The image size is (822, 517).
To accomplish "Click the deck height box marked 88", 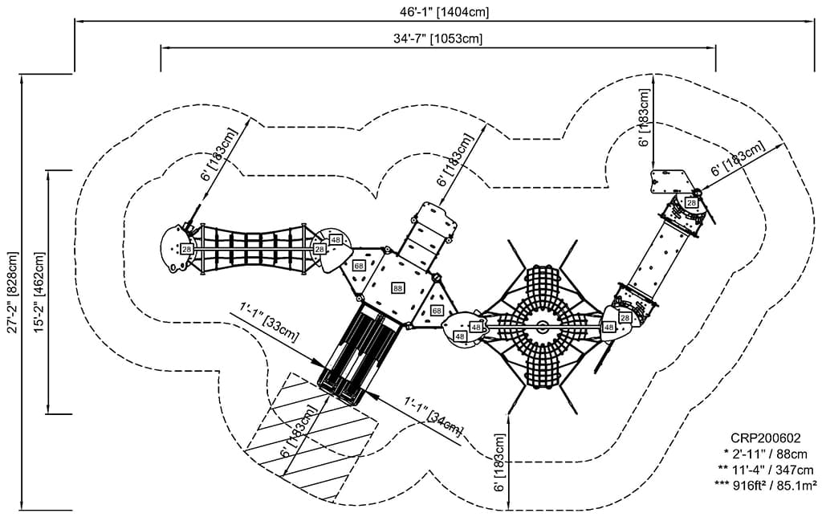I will click(x=398, y=287).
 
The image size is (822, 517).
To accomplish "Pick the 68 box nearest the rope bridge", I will click(x=359, y=266).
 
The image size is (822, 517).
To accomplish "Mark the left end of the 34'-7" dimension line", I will click(x=161, y=48).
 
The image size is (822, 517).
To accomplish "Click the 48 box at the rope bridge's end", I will click(x=336, y=239).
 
